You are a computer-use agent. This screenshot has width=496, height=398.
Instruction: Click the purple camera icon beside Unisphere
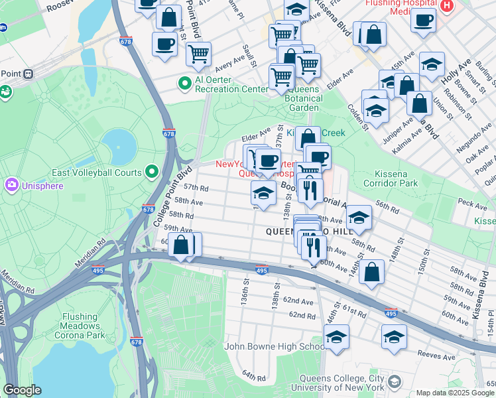pyautogui.click(x=11, y=184)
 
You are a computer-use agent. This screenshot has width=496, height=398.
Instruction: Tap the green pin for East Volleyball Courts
pyautogui.click(x=152, y=172)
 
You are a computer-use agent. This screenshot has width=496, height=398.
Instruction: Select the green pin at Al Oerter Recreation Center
pyautogui.click(x=185, y=84)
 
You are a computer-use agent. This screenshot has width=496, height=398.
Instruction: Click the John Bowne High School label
pyautogui.click(x=274, y=346)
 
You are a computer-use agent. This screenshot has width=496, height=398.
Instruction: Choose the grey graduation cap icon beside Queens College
pyautogui.click(x=395, y=381)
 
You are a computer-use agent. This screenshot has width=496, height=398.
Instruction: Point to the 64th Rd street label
pyautogui.click(x=253, y=377)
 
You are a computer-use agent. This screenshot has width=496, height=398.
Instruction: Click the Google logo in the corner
pyautogui.click(x=22, y=390)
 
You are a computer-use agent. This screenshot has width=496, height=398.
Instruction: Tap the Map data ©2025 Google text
pyautogui.click(x=454, y=393)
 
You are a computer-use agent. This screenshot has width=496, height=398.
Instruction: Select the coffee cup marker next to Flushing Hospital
pyautogui.click(x=422, y=19)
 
